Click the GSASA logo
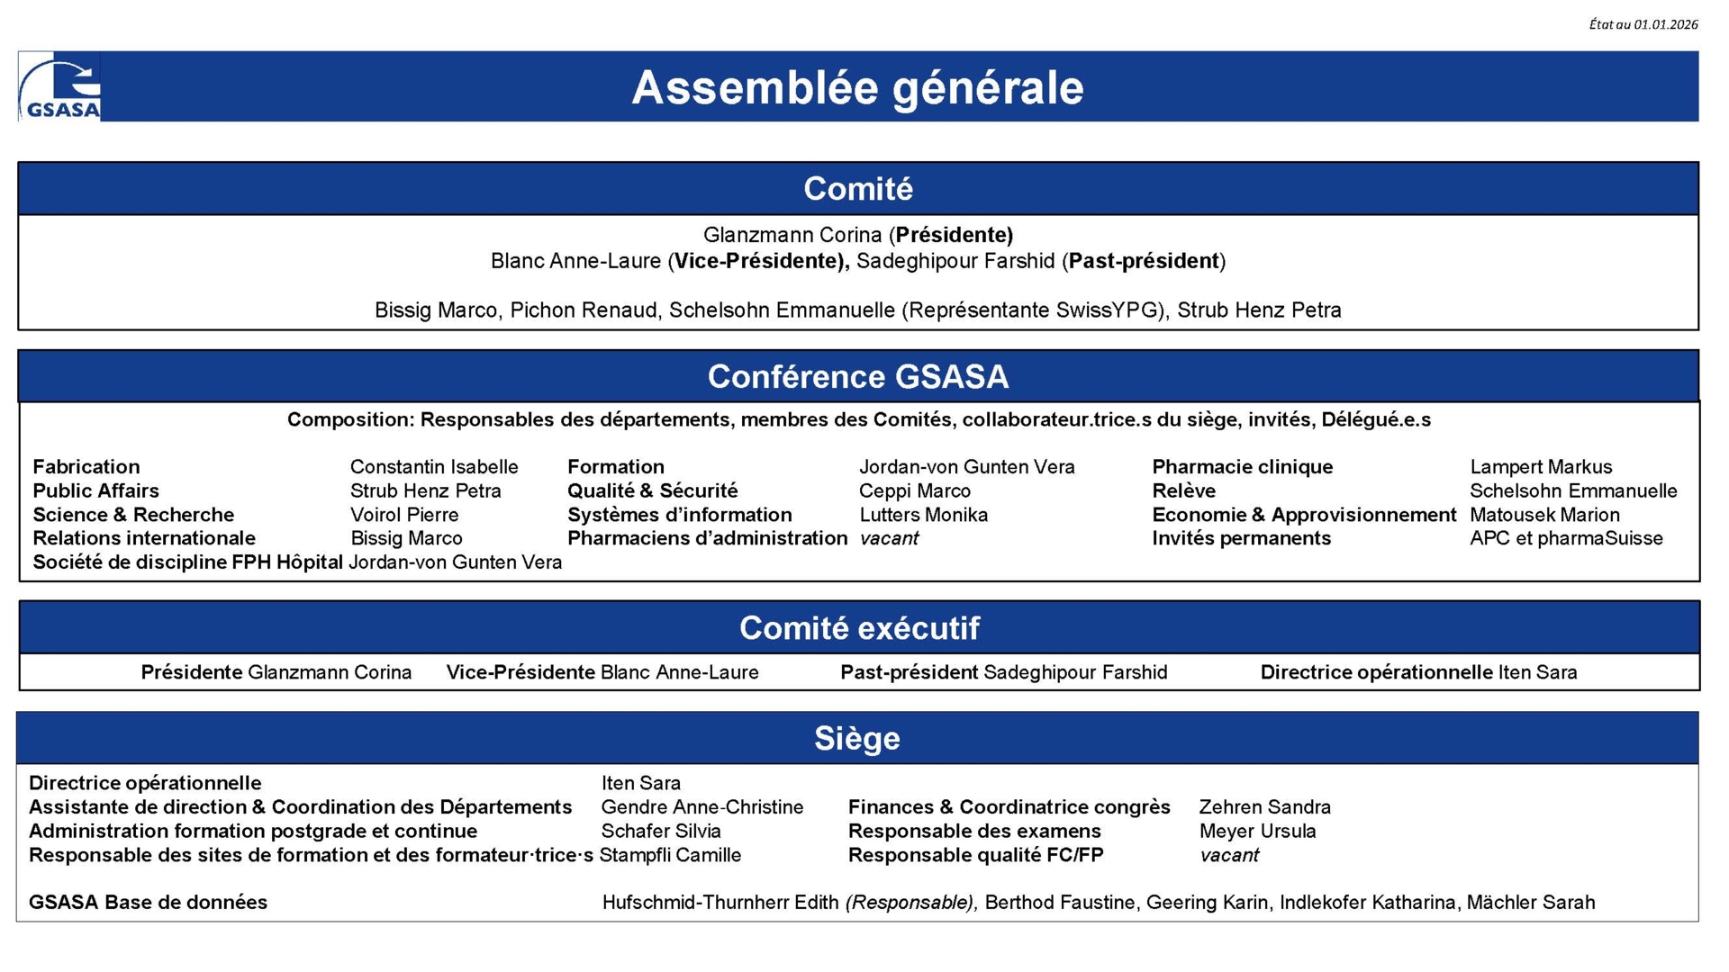tap(59, 87)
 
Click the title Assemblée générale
tap(857, 87)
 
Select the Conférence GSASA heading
tap(857, 376)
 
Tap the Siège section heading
tap(857, 738)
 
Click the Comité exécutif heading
tap(859, 627)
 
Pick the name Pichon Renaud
tap(584, 310)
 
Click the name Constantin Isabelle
tap(434, 467)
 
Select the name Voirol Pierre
tap(404, 515)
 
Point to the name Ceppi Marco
tap(915, 491)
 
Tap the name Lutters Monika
tap(923, 515)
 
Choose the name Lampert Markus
tap(1541, 467)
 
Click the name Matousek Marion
tap(1544, 515)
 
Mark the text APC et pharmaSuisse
tap(1566, 538)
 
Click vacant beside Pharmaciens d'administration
tap(889, 538)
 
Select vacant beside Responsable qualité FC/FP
tap(1228, 855)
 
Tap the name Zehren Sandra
tap(1264, 807)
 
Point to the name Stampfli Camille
tap(670, 855)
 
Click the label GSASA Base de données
tap(148, 903)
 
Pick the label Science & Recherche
tap(133, 515)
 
